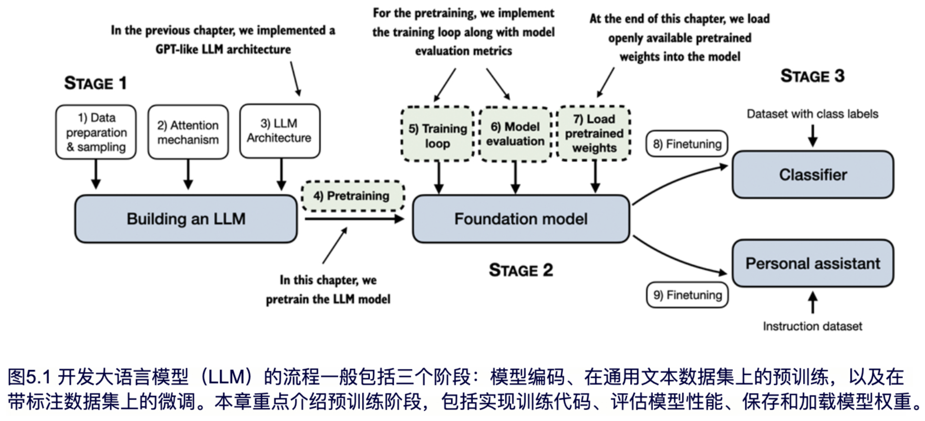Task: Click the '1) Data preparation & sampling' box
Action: [x=96, y=132]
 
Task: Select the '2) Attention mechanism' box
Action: [x=188, y=132]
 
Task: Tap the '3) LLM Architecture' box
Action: [x=280, y=131]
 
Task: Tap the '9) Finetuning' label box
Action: [x=687, y=295]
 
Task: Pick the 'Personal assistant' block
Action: [x=813, y=263]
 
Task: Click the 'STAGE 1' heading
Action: [x=96, y=83]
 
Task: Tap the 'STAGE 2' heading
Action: [x=521, y=270]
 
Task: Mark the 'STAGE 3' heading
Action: [x=812, y=76]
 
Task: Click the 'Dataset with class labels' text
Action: [x=812, y=114]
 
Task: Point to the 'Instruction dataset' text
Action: [x=812, y=326]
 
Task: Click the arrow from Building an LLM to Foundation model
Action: [x=354, y=218]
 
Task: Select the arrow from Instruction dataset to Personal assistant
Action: [x=813, y=302]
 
